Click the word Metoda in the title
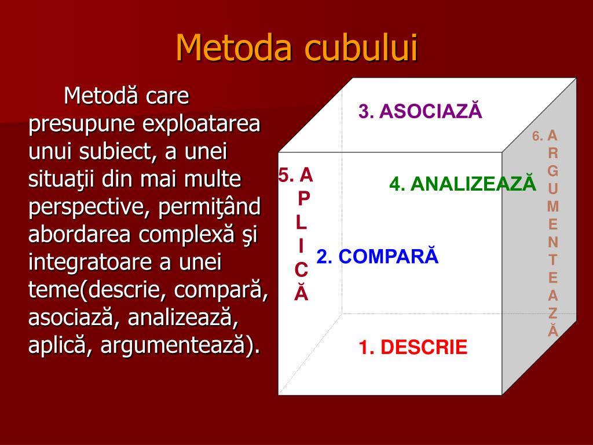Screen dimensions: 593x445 point(234,48)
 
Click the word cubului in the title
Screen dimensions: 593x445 point(361,48)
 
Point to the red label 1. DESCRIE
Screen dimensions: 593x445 point(413,347)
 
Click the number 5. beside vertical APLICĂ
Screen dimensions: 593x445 point(286,175)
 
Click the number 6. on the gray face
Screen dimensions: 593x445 point(537,136)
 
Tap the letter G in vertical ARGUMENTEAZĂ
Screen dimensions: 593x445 point(553,171)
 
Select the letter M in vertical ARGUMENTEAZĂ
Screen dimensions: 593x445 point(553,206)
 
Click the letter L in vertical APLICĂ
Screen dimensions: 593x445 point(301,222)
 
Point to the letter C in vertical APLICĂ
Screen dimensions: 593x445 point(301,270)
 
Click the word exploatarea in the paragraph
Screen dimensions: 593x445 point(201,124)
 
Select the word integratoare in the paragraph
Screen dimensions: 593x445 point(90,262)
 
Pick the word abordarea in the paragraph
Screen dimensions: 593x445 point(79,234)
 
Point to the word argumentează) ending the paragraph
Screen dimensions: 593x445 point(181,345)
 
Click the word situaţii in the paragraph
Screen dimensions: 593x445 point(61,180)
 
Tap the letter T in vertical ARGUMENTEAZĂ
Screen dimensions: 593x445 point(553,260)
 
